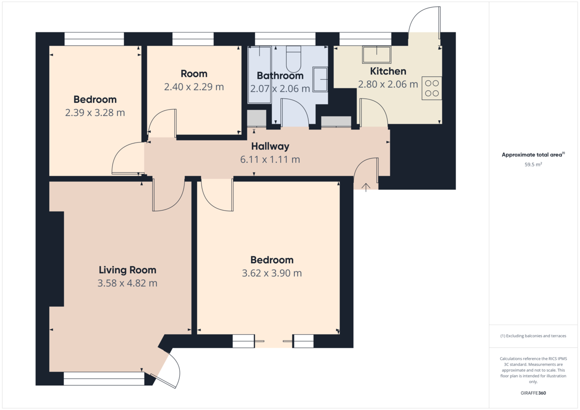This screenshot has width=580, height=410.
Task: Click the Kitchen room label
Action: tap(388, 71)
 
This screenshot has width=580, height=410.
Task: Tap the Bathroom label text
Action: tap(280, 76)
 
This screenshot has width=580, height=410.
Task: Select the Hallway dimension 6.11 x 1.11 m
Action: tap(270, 159)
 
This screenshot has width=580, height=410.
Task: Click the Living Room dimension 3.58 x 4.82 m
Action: tap(128, 283)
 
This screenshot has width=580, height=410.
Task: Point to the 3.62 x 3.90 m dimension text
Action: tap(272, 273)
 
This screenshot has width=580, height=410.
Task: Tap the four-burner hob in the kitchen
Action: tap(432, 88)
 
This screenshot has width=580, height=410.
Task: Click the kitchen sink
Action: tap(377, 55)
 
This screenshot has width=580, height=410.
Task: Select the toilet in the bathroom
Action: tap(293, 59)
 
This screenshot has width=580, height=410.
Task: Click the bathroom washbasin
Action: tap(320, 79)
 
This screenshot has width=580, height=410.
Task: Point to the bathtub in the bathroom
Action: tap(260, 75)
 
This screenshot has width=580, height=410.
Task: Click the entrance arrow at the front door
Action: tap(365, 187)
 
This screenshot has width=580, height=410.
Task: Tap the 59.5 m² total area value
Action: tap(533, 165)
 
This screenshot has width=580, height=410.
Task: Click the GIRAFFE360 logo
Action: tap(533, 393)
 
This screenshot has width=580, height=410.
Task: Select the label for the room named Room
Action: tap(194, 74)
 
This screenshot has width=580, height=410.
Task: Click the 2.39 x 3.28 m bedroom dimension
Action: tap(95, 113)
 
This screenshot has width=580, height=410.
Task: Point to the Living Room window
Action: tap(104, 379)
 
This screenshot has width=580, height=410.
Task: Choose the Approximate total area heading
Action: tap(533, 155)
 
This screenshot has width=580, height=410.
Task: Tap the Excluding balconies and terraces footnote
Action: tap(533, 336)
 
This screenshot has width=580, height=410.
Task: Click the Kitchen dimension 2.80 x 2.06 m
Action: tap(388, 85)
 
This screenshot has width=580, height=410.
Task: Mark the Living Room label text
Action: tap(128, 270)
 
